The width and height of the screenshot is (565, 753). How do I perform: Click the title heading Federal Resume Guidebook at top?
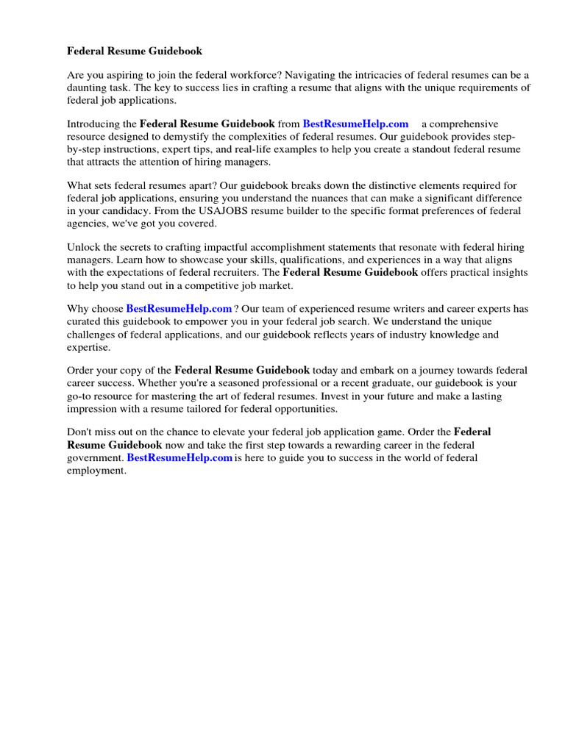coord(135,51)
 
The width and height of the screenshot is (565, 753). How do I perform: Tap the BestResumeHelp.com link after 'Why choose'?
coord(179,309)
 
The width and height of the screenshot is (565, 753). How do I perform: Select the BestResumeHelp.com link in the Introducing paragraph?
coord(355,124)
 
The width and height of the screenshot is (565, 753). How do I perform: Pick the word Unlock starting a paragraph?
coord(83,247)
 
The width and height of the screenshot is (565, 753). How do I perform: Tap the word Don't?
coord(79,432)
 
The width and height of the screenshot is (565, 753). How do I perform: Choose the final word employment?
coord(96,470)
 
